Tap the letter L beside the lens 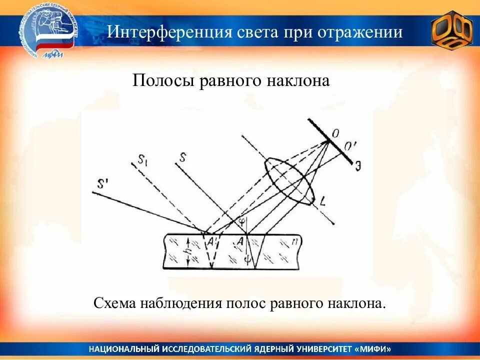[x=323, y=202]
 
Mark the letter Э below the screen [x=358, y=167]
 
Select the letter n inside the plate [x=296, y=242]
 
